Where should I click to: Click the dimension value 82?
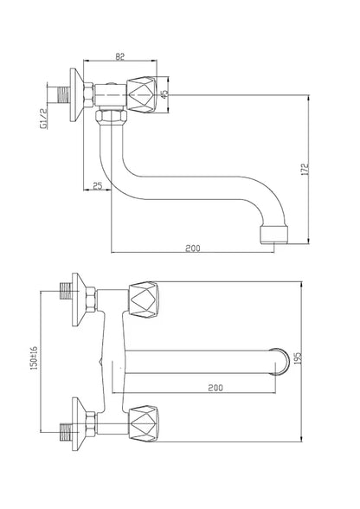(x=119, y=56)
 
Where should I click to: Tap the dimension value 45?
(x=165, y=94)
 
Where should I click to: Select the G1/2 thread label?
(x=43, y=119)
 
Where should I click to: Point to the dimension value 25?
(x=98, y=186)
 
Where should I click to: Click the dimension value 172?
(x=305, y=170)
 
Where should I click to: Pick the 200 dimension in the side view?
(x=193, y=248)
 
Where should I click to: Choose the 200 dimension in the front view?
(x=215, y=388)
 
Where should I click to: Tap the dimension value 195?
(x=298, y=358)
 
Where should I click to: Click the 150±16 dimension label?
(x=34, y=358)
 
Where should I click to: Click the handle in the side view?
(x=142, y=95)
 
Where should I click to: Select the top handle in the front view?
(x=145, y=300)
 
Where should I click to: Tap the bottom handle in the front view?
(x=145, y=423)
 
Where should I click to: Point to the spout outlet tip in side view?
(x=274, y=235)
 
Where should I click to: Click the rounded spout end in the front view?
(x=282, y=362)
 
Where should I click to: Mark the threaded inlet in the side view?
(x=64, y=94)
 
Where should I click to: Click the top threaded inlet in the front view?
(x=67, y=291)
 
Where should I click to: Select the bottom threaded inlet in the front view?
(x=67, y=432)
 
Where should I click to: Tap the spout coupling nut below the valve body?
(x=111, y=116)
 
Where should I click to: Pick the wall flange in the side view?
(x=77, y=95)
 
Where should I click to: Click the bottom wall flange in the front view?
(x=80, y=423)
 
